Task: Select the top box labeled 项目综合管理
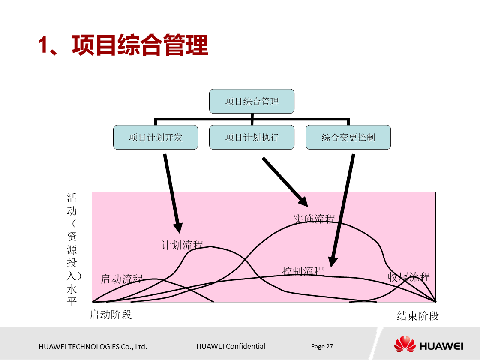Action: click(252, 102)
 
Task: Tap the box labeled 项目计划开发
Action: click(156, 138)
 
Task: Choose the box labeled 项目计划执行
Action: click(252, 138)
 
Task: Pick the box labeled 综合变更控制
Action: click(348, 138)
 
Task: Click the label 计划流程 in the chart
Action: click(182, 245)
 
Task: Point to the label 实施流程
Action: click(314, 219)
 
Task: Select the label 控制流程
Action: click(303, 271)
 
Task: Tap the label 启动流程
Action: click(122, 279)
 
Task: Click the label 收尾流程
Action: click(408, 277)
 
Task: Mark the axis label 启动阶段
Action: click(111, 315)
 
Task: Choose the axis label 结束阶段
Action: click(418, 316)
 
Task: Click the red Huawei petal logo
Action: click(405, 345)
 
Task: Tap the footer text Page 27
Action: click(322, 346)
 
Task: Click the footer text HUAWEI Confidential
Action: click(231, 346)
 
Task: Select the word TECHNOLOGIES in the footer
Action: click(89, 347)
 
